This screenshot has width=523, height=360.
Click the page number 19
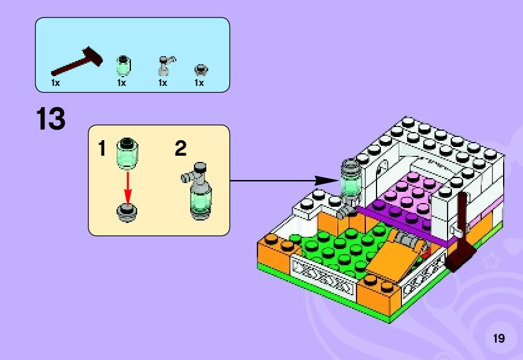click(498, 339)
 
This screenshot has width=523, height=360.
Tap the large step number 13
click(50, 119)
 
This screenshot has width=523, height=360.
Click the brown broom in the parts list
click(77, 62)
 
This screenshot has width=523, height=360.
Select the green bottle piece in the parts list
click(123, 64)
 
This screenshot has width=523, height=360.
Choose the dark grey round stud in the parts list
click(201, 68)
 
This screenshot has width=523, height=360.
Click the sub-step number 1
click(102, 149)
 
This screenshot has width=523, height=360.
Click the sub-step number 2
click(180, 149)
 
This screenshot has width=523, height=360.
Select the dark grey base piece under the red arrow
click(128, 212)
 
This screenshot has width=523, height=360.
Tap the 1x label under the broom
click(55, 83)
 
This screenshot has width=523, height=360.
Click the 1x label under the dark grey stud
click(199, 83)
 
